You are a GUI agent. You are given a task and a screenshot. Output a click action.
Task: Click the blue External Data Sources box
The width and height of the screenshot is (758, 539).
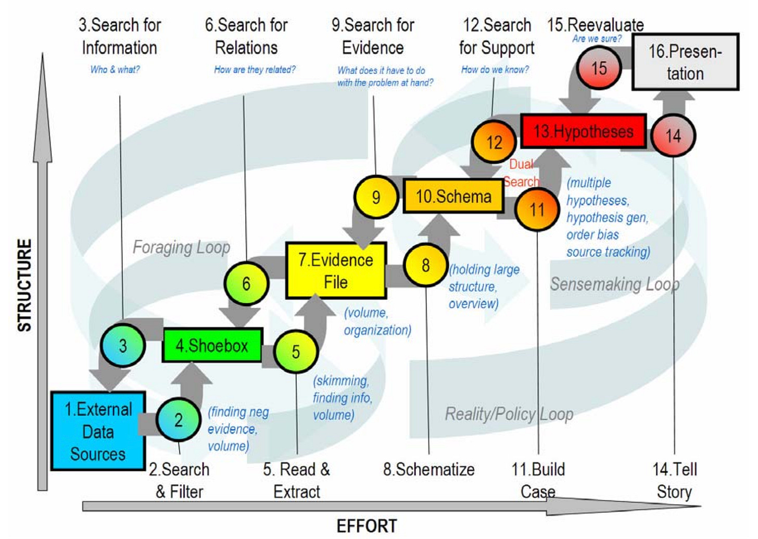pyautogui.click(x=98, y=431)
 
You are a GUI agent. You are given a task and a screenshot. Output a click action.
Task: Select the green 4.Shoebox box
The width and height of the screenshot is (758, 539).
pyautogui.click(x=212, y=345)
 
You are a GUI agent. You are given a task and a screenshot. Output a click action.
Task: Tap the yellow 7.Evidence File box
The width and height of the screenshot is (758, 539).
pyautogui.click(x=336, y=270)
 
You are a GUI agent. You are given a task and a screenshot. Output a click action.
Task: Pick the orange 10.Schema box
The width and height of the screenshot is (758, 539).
pyautogui.click(x=453, y=196)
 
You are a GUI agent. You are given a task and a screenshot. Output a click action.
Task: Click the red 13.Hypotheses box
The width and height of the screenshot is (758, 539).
pyautogui.click(x=583, y=131)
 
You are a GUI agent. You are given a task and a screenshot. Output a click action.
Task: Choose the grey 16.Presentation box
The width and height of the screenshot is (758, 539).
pyautogui.click(x=685, y=62)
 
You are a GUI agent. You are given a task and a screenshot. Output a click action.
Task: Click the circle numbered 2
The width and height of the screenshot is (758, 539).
pyautogui.click(x=178, y=420)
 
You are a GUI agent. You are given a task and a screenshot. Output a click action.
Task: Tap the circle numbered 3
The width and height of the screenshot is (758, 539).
pyautogui.click(x=123, y=345)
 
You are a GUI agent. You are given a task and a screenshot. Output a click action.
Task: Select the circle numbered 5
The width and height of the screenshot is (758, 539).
pyautogui.click(x=295, y=352)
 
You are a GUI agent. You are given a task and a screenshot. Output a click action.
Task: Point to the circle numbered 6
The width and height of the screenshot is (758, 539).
pyautogui.click(x=246, y=283)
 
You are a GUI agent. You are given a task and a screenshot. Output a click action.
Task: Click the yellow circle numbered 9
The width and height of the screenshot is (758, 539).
pyautogui.click(x=375, y=197)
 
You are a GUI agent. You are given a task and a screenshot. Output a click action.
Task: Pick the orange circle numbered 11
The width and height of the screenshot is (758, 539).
pyautogui.click(x=537, y=209)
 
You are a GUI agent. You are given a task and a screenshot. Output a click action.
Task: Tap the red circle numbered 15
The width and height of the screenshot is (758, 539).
pyautogui.click(x=599, y=68)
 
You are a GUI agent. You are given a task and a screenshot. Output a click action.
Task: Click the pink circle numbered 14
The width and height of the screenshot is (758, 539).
pyautogui.click(x=673, y=136)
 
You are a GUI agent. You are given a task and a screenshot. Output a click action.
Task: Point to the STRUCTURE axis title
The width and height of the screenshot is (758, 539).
pyautogui.click(x=24, y=285)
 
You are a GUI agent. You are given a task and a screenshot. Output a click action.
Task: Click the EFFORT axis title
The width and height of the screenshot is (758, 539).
pyautogui.click(x=367, y=526)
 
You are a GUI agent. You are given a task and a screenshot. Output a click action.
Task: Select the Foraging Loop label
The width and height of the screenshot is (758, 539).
pyautogui.click(x=181, y=247)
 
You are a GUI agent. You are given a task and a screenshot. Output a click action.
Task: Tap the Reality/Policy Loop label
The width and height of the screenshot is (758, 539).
pyautogui.click(x=509, y=414)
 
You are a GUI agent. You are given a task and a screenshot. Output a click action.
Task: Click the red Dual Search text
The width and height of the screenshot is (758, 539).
pyautogui.click(x=522, y=173)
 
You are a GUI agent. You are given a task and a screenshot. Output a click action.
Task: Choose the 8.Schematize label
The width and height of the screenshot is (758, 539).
pyautogui.click(x=428, y=469)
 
